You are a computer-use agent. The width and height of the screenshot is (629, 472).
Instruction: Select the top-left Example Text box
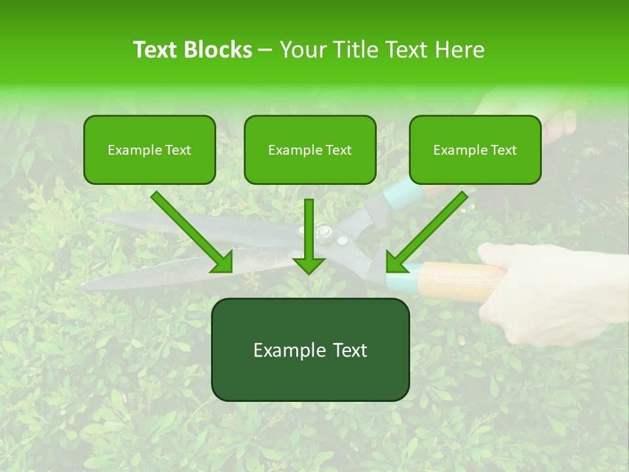[x=149, y=149]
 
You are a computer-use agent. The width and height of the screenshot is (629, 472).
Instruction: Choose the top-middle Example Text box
[x=310, y=149]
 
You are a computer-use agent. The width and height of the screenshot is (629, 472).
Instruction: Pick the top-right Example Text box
[x=475, y=149]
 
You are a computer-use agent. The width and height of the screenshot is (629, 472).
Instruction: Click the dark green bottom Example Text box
[x=310, y=349]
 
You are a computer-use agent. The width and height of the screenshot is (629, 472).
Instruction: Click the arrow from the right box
[x=426, y=232]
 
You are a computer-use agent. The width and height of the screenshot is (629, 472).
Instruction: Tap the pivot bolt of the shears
[x=323, y=232]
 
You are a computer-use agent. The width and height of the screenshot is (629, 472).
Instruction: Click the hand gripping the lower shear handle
[x=557, y=288]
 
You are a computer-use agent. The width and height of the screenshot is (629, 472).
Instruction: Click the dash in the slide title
[x=265, y=50]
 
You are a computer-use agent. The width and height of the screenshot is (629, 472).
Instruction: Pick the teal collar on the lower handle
[x=401, y=280]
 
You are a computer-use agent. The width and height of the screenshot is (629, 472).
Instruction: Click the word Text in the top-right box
[x=503, y=150]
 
